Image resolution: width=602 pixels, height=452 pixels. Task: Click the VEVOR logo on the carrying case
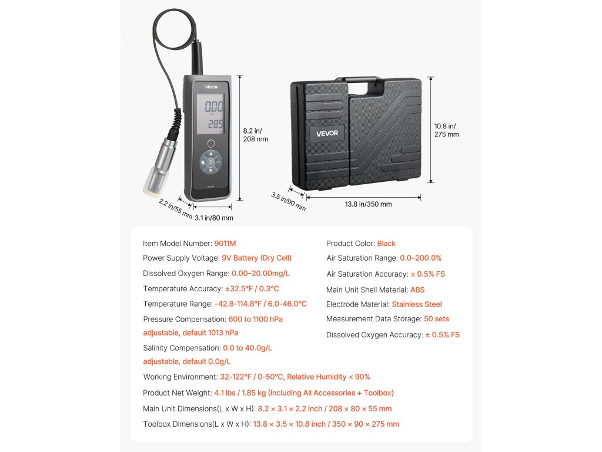[x=327, y=133]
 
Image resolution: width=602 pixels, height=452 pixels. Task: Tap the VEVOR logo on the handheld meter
[x=211, y=86]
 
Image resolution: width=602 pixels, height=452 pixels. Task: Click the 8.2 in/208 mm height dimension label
[x=255, y=135]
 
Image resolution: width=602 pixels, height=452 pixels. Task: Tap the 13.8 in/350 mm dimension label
[x=368, y=204]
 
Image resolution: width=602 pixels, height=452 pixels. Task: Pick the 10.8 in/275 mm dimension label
[x=446, y=130]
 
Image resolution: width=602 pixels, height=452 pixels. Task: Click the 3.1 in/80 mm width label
[x=214, y=218]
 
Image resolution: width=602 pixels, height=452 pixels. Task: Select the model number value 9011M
[x=225, y=243]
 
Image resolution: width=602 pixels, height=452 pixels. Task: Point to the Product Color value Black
[x=386, y=243]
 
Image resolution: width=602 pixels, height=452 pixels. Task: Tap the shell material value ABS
[x=417, y=290]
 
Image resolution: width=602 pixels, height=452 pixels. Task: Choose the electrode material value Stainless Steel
[x=417, y=304]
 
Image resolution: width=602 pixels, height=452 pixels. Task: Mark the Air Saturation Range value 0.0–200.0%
[x=420, y=258]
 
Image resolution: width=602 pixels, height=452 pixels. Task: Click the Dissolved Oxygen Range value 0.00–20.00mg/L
[x=260, y=273]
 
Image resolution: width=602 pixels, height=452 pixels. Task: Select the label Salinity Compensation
[x=181, y=348]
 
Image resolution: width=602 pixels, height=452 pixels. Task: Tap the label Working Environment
[x=180, y=377]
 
